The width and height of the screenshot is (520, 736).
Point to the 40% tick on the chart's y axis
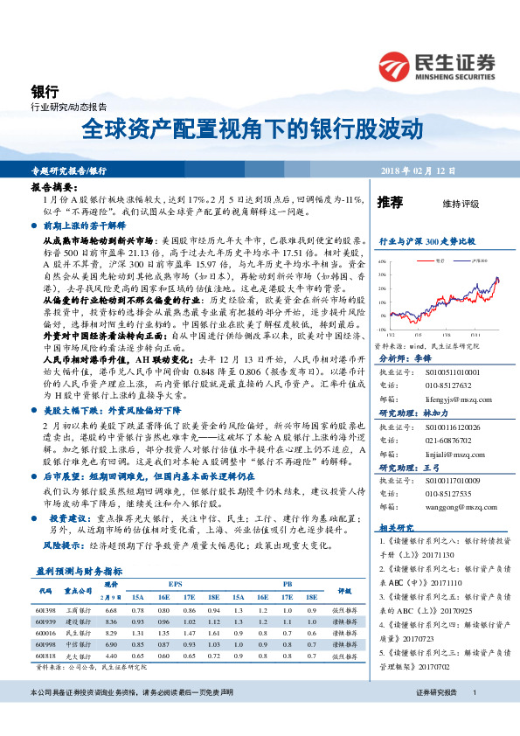[x=381, y=261]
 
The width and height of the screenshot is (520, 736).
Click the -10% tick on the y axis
[x=381, y=330]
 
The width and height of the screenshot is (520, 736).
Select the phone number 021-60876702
[x=442, y=442]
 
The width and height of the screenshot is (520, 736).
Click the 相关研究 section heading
[x=395, y=528]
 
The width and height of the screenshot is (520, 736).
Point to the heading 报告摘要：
[x=50, y=188]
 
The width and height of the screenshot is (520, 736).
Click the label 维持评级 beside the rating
[x=461, y=204]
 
